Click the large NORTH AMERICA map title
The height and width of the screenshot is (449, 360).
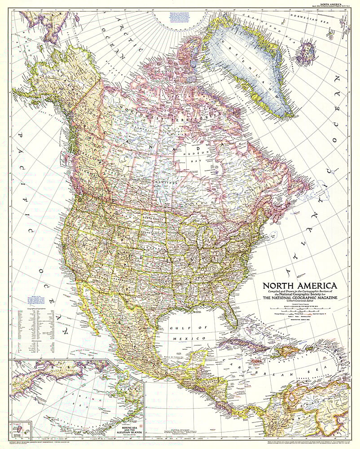point(300,286)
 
